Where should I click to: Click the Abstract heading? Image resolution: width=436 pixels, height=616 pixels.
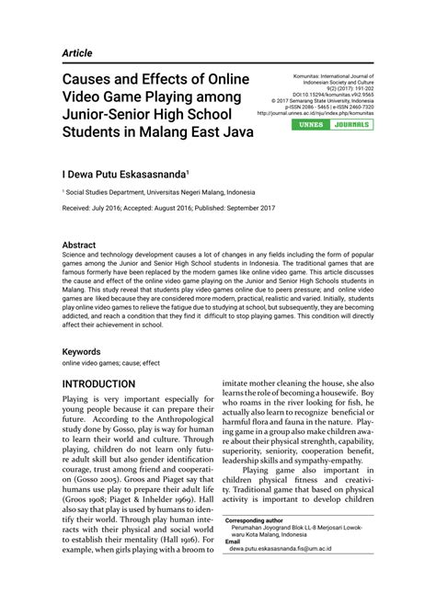pyautogui.click(x=79, y=245)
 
